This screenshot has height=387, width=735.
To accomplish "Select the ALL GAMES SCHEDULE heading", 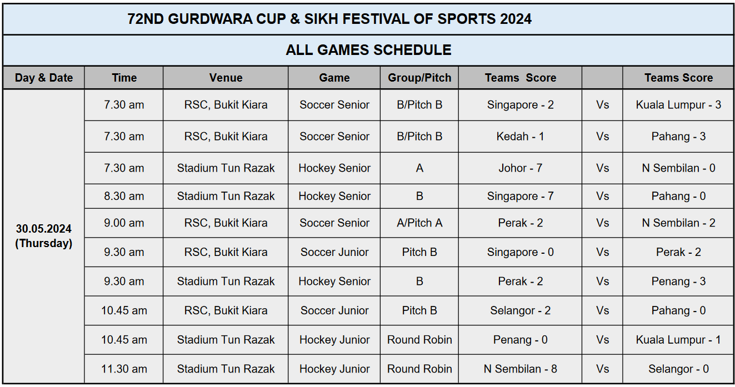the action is click(x=368, y=50).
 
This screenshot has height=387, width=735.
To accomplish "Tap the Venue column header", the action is click(x=226, y=78).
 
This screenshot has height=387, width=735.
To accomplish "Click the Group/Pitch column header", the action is click(x=419, y=78).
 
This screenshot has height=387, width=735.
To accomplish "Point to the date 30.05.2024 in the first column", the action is click(x=44, y=229).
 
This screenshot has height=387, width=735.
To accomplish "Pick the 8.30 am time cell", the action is click(x=124, y=196).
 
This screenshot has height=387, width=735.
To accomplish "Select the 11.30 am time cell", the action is click(x=124, y=369).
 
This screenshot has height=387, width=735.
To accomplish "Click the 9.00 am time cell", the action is click(x=124, y=223).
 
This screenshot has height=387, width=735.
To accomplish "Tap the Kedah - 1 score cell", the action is click(x=520, y=137).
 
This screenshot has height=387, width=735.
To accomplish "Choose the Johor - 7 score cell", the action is click(x=520, y=168).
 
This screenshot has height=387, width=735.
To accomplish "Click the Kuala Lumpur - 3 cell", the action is click(x=678, y=105).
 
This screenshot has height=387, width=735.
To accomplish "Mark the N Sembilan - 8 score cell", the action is click(x=520, y=369).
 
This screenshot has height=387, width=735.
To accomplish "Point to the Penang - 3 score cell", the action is click(x=678, y=282).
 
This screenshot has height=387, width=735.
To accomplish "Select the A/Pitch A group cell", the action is click(x=419, y=223).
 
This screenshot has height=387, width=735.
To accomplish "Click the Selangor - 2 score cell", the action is click(x=520, y=310).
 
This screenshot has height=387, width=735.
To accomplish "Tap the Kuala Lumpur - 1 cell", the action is click(x=678, y=340).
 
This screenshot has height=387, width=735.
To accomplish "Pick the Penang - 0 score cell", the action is click(x=520, y=340).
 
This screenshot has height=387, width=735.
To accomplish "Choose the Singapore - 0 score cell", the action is click(x=520, y=252).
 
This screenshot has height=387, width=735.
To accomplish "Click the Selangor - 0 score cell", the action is click(x=678, y=369).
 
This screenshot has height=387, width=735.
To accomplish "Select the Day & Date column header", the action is click(x=44, y=78).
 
